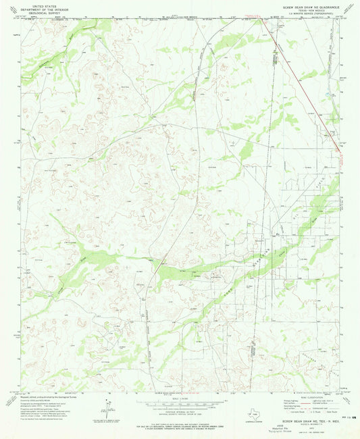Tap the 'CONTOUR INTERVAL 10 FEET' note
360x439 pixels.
179,409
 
